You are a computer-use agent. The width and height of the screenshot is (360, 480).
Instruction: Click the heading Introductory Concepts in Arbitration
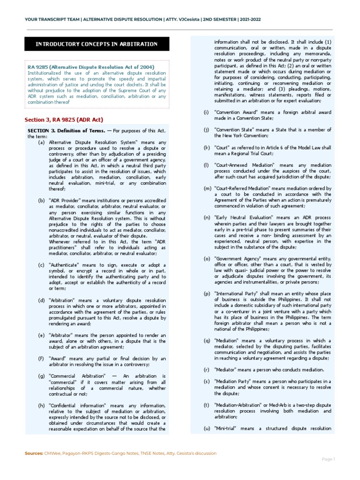97,44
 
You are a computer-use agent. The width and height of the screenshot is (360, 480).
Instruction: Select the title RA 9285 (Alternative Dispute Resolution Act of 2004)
90,67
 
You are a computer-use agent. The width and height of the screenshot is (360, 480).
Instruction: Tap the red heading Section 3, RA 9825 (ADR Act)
64,120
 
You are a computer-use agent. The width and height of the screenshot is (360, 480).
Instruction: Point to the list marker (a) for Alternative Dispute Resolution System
42,142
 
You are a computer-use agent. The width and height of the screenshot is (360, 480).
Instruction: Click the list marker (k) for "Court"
206,148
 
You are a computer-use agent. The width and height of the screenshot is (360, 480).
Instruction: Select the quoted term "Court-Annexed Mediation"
240,165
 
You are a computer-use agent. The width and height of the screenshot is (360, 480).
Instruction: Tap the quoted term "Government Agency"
236,258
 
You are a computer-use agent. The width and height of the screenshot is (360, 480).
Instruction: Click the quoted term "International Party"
237,293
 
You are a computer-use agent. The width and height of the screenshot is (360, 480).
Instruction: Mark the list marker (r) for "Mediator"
206,369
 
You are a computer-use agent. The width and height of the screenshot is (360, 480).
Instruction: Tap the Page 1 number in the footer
328,459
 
